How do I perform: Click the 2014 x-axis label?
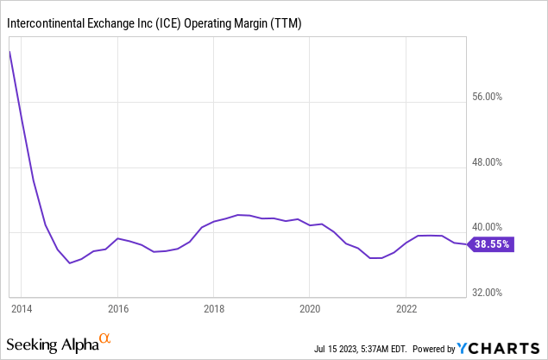22,307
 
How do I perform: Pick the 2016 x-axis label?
118,307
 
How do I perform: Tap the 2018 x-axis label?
214,307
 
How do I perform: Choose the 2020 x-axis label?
310,307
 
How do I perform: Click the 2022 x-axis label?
406,307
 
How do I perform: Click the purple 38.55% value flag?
491,244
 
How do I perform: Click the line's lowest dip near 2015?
70,262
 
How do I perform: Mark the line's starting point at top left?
9,51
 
